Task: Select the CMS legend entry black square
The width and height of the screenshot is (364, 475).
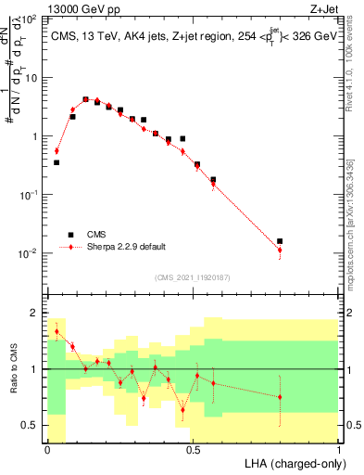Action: pyautogui.click(x=69, y=234)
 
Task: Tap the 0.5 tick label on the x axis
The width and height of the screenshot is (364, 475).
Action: pyautogui.click(x=193, y=447)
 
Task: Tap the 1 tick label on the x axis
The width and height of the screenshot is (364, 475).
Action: pyautogui.click(x=339, y=447)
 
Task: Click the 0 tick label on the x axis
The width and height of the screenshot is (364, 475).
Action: pyautogui.click(x=47, y=447)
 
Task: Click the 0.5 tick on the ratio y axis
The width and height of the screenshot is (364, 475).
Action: pyautogui.click(x=31, y=425)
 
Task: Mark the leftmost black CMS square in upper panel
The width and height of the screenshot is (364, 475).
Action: pyautogui.click(x=56, y=162)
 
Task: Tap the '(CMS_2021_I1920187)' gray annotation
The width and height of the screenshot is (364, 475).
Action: pyautogui.click(x=193, y=276)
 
